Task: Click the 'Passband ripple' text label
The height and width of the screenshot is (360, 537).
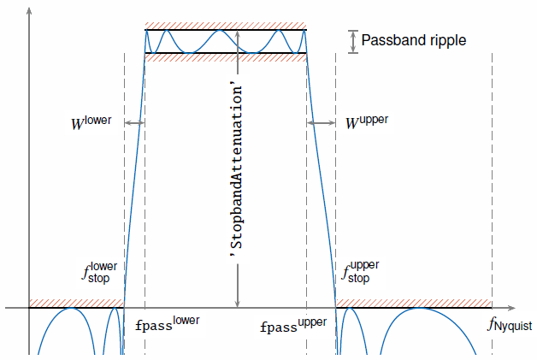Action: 414,41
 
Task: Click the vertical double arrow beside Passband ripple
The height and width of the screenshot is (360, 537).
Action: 353,42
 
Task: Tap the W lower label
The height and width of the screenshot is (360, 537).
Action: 91,122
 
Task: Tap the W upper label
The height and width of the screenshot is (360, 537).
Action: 367,122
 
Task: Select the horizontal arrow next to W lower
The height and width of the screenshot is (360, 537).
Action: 134,122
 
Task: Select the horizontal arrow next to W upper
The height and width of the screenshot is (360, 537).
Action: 322,122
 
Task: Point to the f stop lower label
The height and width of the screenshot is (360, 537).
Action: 99,273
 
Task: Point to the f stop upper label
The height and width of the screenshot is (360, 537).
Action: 360,272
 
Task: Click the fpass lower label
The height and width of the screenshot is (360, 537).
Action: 167,324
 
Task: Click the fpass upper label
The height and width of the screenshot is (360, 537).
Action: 293,326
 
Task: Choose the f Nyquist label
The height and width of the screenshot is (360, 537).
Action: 510,324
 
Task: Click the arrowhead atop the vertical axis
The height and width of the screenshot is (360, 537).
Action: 29,10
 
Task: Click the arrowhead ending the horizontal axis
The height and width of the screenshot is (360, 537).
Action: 511,308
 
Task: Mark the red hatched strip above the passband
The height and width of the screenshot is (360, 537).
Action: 226,26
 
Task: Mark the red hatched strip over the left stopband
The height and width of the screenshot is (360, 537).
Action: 76,304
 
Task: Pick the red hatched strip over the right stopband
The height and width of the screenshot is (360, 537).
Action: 414,304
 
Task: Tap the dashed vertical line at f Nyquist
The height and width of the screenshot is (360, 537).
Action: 493,204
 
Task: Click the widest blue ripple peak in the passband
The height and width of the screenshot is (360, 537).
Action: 220,31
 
